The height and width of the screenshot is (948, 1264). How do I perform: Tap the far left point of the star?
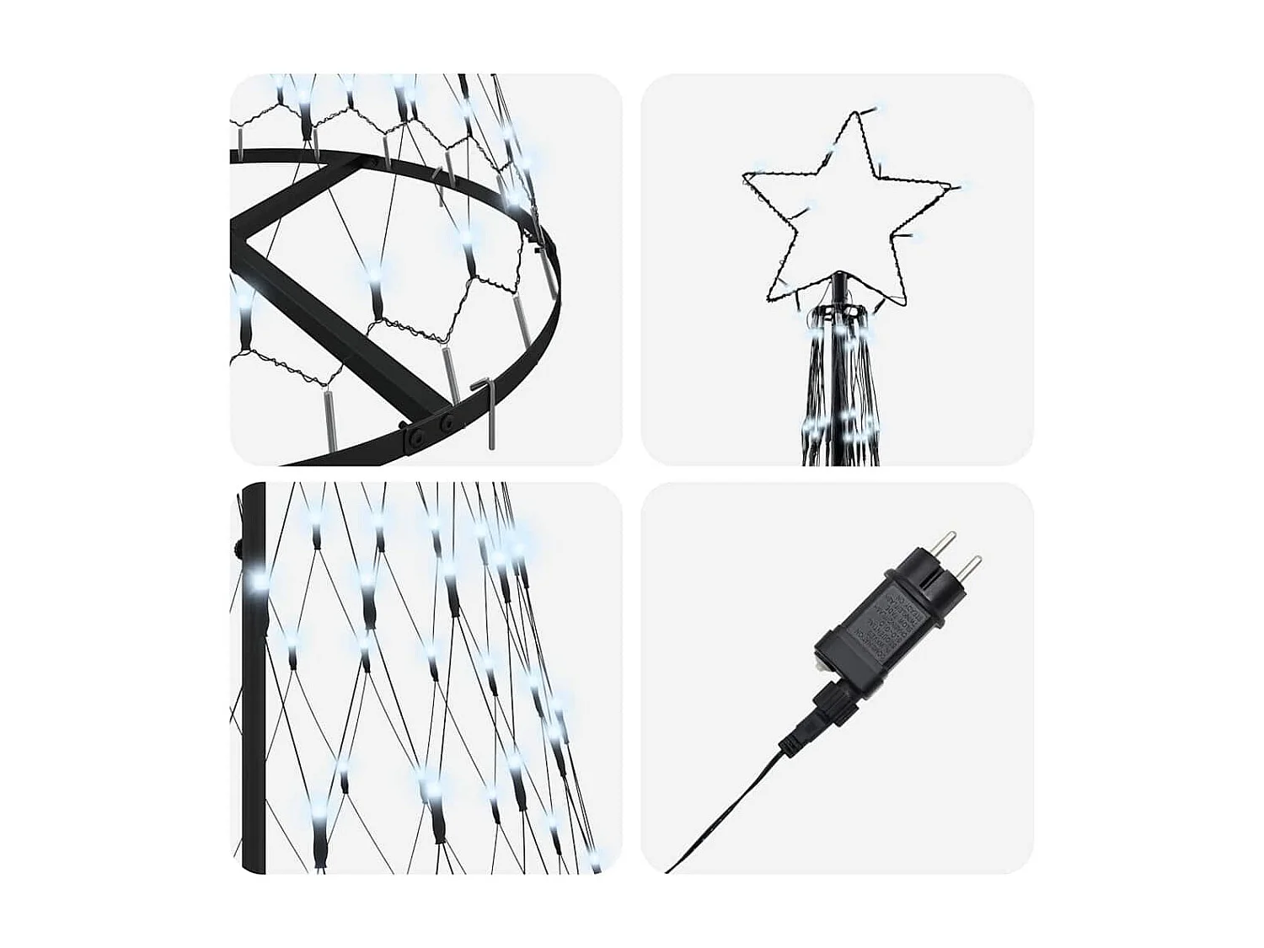[x=745, y=176]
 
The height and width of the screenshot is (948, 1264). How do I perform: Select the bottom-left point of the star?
[x=769, y=299]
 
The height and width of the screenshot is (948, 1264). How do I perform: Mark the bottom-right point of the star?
[x=904, y=305]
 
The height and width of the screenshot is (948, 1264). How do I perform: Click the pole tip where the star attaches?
[x=838, y=276]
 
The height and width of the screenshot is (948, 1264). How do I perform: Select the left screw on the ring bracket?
[x=415, y=436]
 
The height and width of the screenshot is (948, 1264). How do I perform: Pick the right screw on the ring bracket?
[x=447, y=420]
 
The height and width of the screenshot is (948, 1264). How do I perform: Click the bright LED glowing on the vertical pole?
[x=255, y=581]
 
